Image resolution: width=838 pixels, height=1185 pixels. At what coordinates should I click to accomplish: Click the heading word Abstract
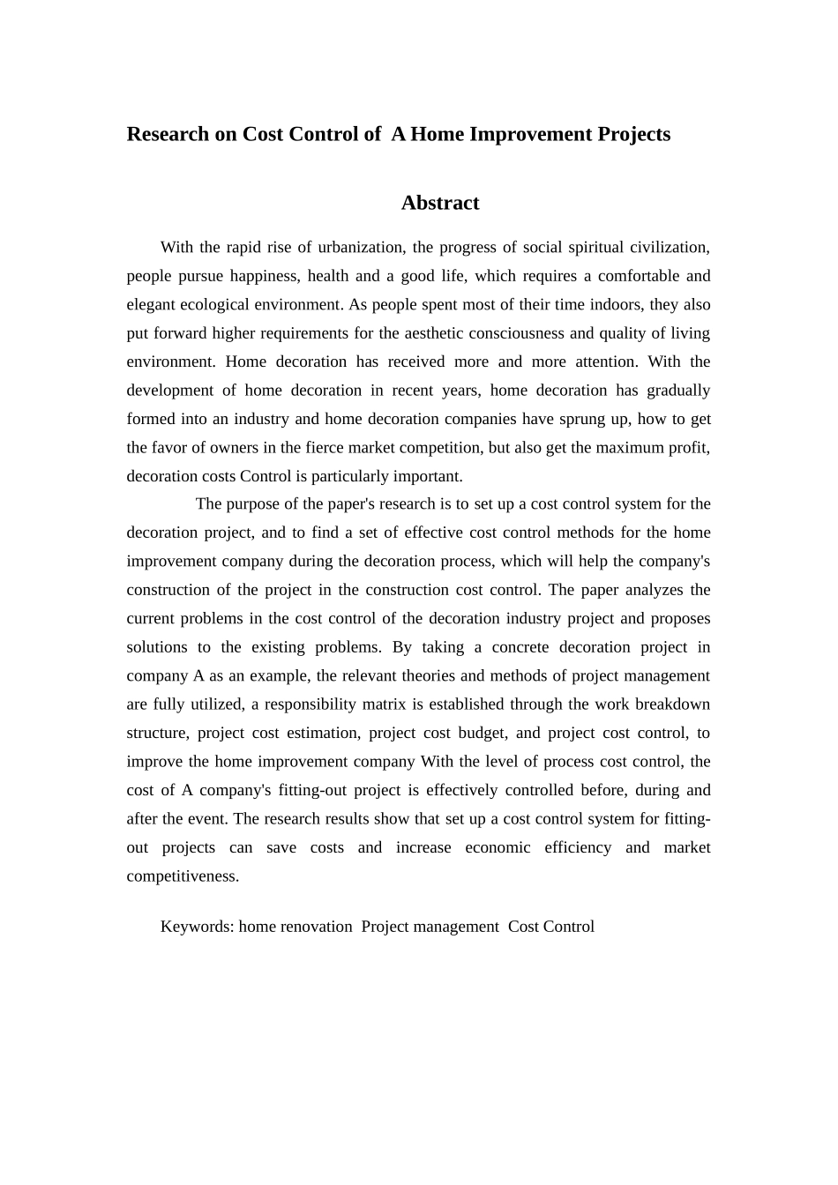coord(439,203)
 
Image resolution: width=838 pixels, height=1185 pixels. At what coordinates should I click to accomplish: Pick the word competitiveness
coord(183,876)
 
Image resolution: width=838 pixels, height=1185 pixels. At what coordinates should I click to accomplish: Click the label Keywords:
coord(197,927)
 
